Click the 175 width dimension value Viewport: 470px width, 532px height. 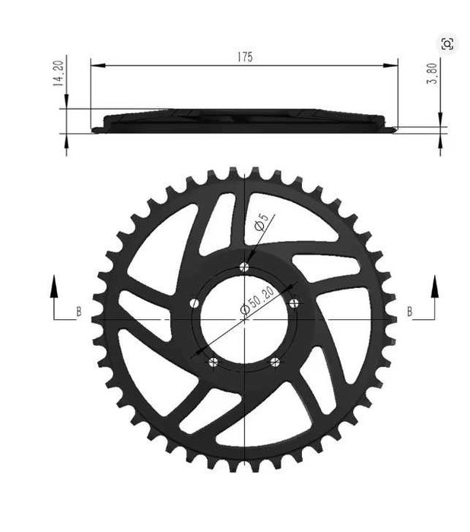(x=244, y=57)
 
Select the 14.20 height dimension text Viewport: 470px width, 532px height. (x=57, y=74)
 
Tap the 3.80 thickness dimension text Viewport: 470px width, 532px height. (x=433, y=73)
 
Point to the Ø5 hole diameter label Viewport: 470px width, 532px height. (x=261, y=223)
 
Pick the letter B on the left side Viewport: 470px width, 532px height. (x=79, y=312)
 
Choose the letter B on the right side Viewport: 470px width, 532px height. (x=410, y=312)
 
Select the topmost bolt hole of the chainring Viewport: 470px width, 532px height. (x=243, y=266)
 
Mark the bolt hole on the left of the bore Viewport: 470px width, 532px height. (x=194, y=302)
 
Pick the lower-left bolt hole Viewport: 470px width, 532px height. (x=213, y=361)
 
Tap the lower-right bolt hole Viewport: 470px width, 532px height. (x=275, y=361)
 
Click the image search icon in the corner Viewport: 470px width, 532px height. (x=448, y=44)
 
